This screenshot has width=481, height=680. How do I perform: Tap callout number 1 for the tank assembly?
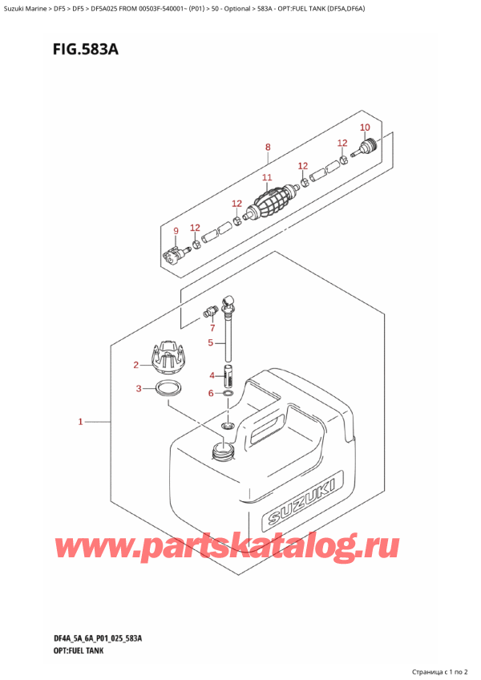pyautogui.click(x=80, y=421)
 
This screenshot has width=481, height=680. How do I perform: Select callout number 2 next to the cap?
pyautogui.click(x=135, y=365)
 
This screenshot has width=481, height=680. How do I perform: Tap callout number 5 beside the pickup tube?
pyautogui.click(x=211, y=343)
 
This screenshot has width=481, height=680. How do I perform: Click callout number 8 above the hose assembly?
pyautogui.click(x=268, y=147)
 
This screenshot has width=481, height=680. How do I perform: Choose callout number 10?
pyautogui.click(x=366, y=127)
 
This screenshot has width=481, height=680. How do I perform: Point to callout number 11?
pyautogui.click(x=267, y=177)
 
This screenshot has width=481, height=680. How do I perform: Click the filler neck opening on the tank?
pyautogui.click(x=223, y=450)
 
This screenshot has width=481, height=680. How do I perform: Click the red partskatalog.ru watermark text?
pyautogui.click(x=226, y=548)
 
